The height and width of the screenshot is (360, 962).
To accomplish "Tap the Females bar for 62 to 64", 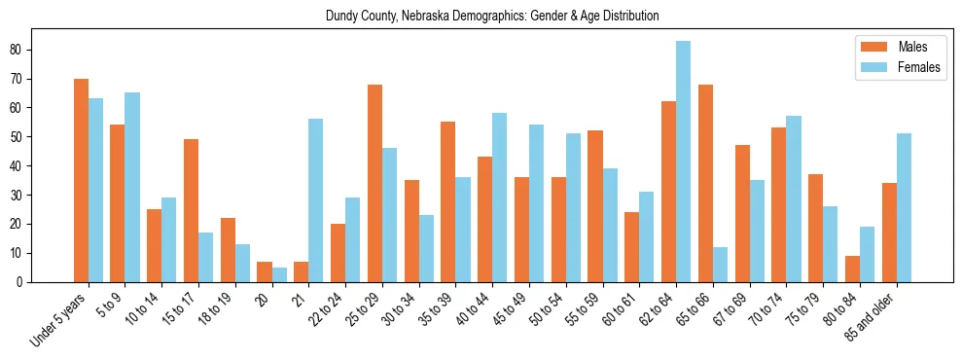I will tap(684, 162).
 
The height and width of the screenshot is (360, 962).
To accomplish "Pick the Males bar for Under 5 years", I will tap(81, 180).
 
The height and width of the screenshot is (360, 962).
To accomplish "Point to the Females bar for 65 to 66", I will tap(721, 265).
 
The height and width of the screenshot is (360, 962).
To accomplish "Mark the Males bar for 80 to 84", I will tap(853, 269).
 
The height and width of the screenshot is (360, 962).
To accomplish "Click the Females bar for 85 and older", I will tap(905, 207).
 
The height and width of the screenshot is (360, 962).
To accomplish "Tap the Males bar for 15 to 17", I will tap(191, 211).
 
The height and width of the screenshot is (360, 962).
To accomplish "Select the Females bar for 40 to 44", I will tap(500, 198).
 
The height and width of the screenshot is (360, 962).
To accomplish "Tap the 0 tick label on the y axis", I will tap(29, 282).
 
